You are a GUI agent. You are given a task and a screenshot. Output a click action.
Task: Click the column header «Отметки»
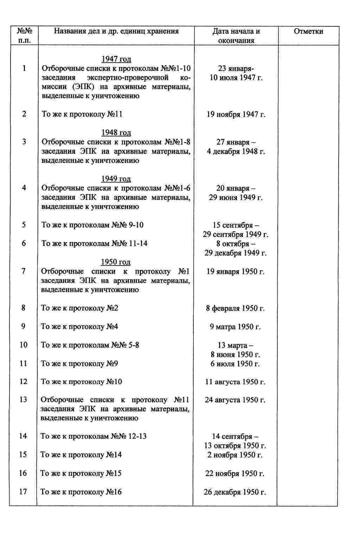308,31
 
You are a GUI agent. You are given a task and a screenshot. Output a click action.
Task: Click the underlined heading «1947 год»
116,59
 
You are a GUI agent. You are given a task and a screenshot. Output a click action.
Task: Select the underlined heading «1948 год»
116,133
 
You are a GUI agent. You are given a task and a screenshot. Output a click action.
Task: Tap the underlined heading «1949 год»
116,179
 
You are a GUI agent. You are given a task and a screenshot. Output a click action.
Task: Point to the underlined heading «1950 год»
116,262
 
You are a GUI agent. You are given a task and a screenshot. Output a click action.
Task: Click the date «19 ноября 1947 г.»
236,114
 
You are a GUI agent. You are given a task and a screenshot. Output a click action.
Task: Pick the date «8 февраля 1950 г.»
235,308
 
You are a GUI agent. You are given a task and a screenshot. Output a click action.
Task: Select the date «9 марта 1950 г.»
235,327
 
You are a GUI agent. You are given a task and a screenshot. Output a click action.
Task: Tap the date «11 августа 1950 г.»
235,382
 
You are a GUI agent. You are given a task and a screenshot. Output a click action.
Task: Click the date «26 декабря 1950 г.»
235,492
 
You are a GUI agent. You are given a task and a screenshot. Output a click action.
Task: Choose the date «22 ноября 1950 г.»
235,473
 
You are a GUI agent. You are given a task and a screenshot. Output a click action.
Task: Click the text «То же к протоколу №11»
82,114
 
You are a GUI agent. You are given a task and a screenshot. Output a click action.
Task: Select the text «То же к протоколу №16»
81,492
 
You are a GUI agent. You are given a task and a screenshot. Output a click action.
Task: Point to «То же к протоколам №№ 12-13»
94,437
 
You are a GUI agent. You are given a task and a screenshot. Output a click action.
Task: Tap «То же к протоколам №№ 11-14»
95,243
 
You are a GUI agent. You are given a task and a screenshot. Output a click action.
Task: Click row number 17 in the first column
23,492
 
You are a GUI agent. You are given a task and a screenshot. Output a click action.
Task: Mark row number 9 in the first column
23,326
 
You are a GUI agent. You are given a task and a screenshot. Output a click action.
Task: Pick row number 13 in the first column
23,400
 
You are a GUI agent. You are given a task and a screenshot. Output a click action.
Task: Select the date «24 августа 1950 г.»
235,400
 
